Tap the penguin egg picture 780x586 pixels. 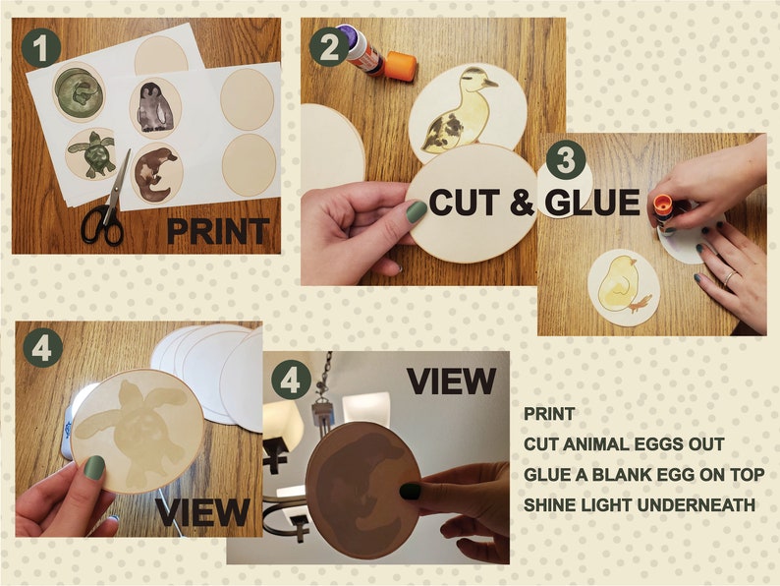pos(154,108)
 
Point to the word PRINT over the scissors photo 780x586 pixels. pos(217,231)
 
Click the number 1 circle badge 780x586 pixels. pos(41,47)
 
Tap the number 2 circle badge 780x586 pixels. pos(329,45)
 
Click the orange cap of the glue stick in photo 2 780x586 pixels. pos(400,68)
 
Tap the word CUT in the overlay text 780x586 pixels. pos(464,203)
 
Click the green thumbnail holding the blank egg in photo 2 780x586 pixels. pos(417,211)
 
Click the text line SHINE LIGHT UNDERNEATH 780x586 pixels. pos(640,504)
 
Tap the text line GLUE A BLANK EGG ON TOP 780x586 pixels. pos(644,475)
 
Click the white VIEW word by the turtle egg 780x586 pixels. pos(202,511)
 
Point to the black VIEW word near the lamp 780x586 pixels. pos(452,380)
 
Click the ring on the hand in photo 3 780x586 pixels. pos(727,278)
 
